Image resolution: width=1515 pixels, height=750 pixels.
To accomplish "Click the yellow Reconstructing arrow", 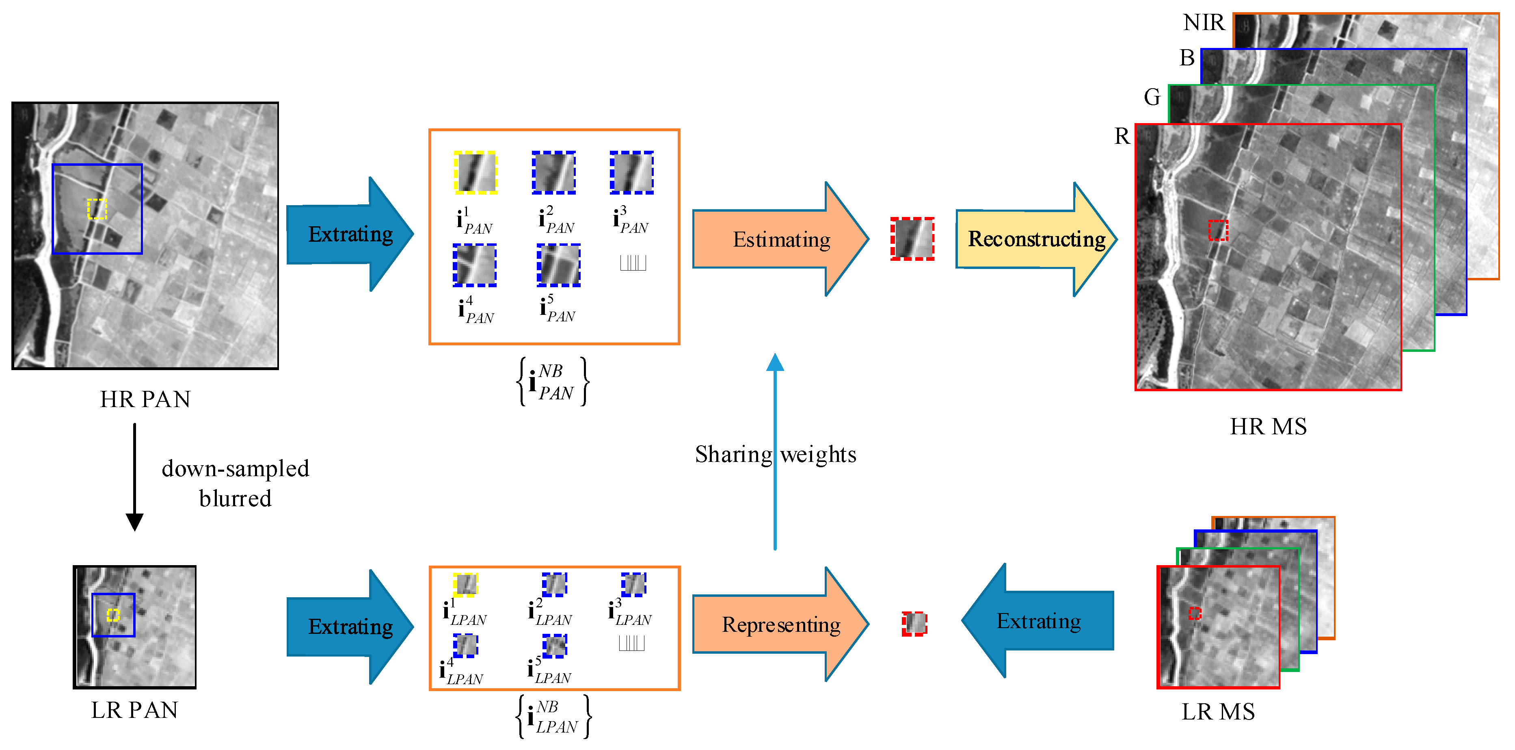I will tap(1035, 239).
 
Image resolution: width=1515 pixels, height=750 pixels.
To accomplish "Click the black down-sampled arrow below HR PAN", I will tap(135, 477).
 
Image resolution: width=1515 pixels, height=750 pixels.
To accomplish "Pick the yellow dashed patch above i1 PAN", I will tap(475, 172).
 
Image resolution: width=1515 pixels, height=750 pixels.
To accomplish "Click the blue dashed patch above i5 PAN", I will tap(559, 265).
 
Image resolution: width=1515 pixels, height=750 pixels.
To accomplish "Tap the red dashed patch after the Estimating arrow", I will tap(912, 239).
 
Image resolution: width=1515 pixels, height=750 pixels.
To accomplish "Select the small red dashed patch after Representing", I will tap(914, 624).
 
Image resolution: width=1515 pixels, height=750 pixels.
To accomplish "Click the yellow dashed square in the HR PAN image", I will tap(97, 209).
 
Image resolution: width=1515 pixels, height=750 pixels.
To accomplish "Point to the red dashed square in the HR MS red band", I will tap(1218, 230).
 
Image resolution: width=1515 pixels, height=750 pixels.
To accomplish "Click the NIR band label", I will tap(1203, 22).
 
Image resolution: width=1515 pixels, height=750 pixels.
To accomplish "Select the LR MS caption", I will tap(1218, 712).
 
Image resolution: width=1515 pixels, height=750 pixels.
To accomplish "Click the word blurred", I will tap(235, 499).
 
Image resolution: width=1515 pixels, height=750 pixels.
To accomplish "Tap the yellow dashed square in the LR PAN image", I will tap(113, 615).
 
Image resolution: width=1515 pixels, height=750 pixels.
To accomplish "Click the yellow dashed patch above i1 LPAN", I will tap(465, 585).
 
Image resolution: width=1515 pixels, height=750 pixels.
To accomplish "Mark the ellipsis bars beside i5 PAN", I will tap(633, 263).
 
